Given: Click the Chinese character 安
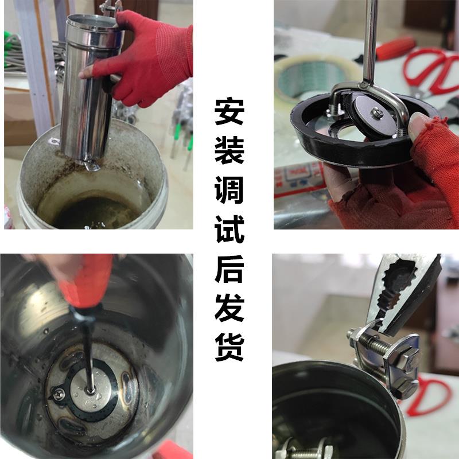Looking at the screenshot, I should (230, 112).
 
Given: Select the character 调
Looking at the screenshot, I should (230, 190).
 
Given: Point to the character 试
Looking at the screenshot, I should (230, 229).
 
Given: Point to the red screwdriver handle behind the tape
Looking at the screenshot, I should (396, 48).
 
